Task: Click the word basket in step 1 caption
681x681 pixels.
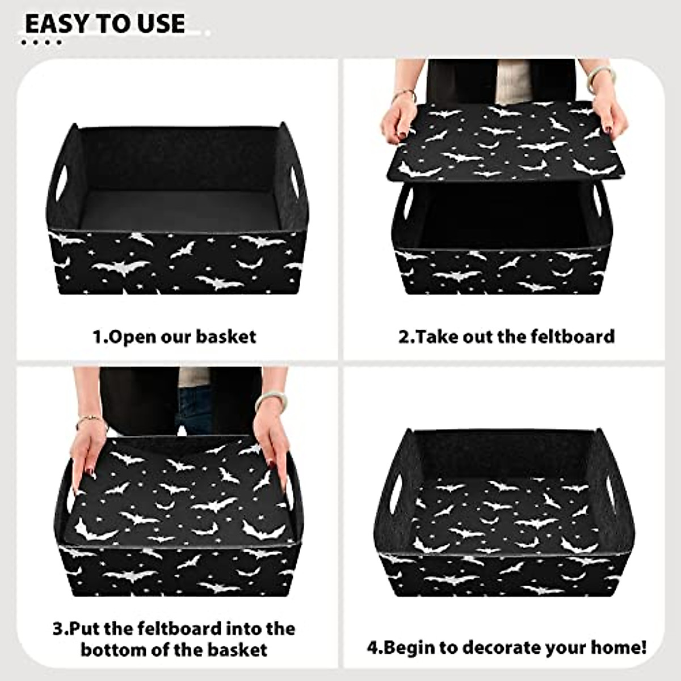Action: pyautogui.click(x=226, y=337)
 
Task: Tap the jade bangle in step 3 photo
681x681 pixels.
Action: pyautogui.click(x=271, y=400)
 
